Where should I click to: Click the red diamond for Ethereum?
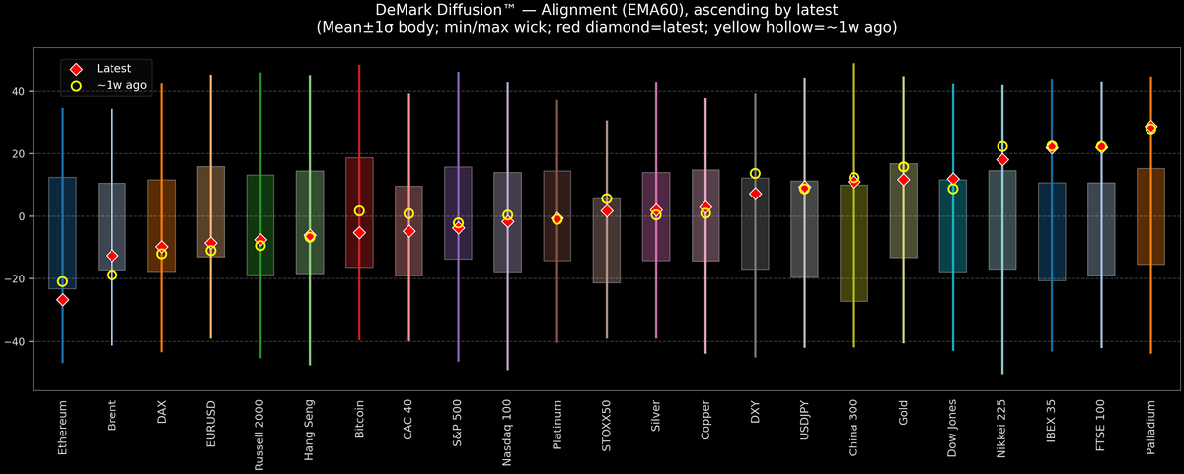62,299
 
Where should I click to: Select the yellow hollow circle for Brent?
111,275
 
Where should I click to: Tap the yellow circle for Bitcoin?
359,210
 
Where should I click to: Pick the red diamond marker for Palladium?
1150,127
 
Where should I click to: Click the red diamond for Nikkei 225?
1002,159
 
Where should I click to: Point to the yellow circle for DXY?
755,173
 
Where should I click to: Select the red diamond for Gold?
904,179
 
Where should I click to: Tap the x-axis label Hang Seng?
310,429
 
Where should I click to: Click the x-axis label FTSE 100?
1101,427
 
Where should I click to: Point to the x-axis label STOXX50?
607,426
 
